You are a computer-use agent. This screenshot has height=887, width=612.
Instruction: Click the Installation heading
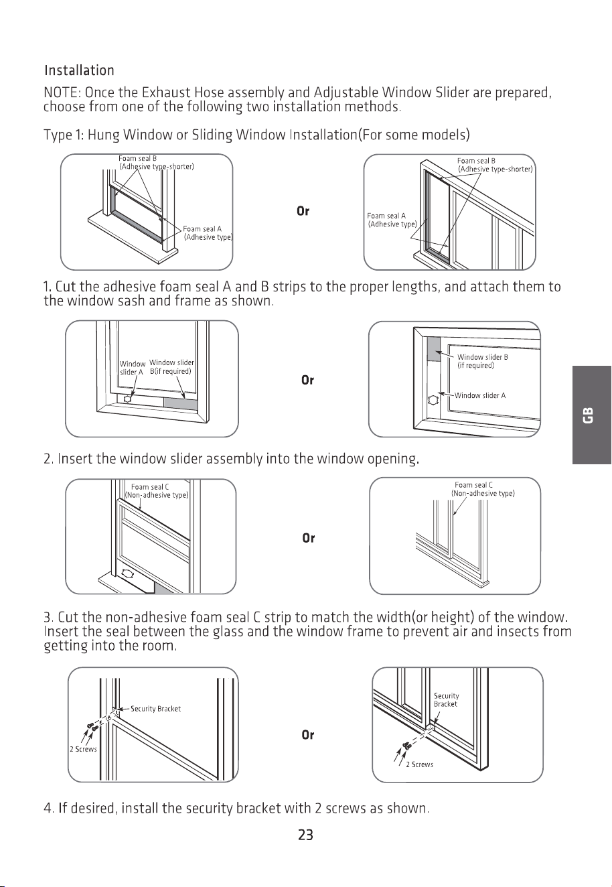(x=79, y=70)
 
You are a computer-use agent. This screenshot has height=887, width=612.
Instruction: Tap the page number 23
(x=305, y=835)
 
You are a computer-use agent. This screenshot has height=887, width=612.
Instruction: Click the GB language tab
(x=591, y=415)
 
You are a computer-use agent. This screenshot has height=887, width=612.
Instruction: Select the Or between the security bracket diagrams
(x=307, y=735)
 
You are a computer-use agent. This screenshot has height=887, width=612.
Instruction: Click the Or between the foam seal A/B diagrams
(x=303, y=211)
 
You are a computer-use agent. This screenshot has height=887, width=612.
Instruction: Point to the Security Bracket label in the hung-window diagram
(x=155, y=709)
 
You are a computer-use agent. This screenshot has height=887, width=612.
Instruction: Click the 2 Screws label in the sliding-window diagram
(x=420, y=764)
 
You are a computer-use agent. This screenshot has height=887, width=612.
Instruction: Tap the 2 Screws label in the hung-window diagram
(x=83, y=749)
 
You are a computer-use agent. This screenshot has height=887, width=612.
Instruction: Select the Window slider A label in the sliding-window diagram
(x=480, y=395)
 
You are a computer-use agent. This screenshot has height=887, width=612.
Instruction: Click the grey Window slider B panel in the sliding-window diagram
(x=434, y=349)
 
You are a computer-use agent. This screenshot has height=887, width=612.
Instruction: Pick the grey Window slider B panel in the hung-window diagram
(x=181, y=404)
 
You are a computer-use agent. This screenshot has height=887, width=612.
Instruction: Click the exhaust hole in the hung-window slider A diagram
(x=127, y=399)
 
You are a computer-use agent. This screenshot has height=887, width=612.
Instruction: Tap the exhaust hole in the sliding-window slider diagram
(x=433, y=400)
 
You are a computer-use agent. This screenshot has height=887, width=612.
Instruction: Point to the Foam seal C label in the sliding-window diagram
(x=483, y=489)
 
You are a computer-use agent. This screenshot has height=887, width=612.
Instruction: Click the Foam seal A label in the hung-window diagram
(x=208, y=233)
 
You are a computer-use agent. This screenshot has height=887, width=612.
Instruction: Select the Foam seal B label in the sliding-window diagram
(x=495, y=165)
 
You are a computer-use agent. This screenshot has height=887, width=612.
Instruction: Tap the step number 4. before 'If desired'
(x=49, y=808)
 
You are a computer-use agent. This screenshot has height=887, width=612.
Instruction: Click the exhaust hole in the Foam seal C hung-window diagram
(x=127, y=573)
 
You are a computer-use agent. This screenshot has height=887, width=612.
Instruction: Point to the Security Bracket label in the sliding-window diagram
(x=446, y=699)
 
